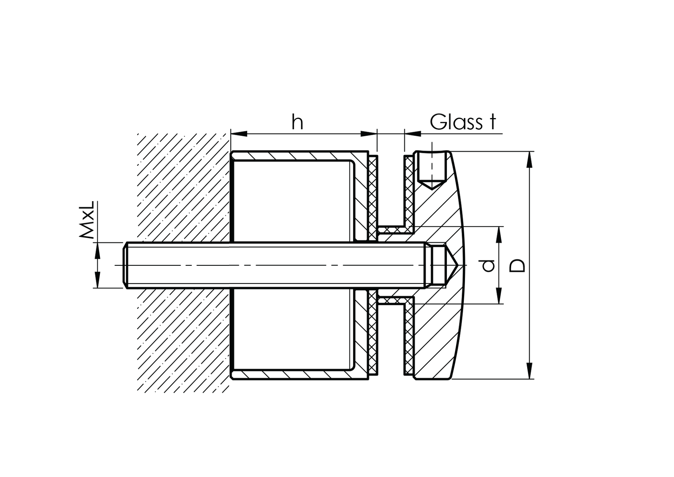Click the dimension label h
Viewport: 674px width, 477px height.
point(297,122)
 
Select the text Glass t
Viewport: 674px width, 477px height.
point(463,122)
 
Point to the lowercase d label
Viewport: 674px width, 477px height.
point(489,265)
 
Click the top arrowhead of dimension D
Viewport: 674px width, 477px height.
point(530,159)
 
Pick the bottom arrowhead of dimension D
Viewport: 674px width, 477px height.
point(530,371)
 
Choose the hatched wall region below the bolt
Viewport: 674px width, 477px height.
point(183,341)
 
